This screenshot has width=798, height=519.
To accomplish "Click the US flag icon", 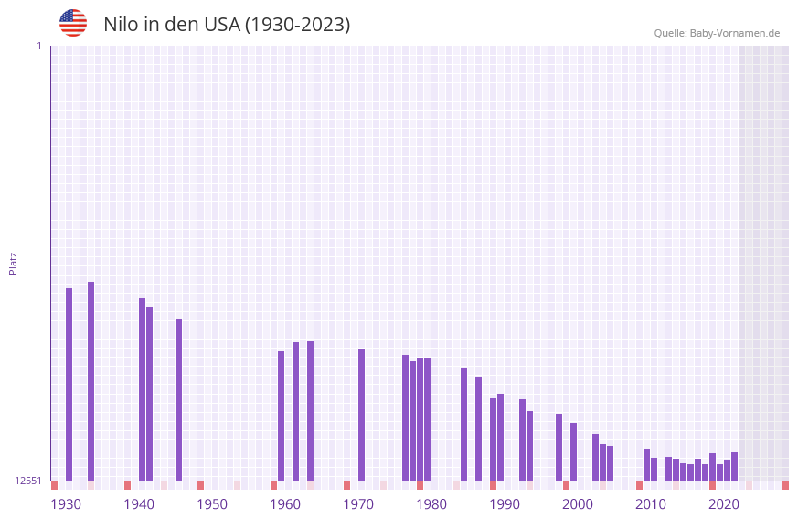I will click(x=73, y=23).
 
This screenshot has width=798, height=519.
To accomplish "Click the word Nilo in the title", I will click(x=120, y=25).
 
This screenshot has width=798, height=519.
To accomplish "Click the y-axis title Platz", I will click(x=13, y=263).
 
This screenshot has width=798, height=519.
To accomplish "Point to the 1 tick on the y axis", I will click(x=38, y=46).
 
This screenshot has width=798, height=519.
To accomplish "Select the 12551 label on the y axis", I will click(x=27, y=481).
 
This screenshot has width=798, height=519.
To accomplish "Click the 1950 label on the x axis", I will click(x=212, y=504).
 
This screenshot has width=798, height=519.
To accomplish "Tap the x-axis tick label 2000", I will click(x=577, y=504).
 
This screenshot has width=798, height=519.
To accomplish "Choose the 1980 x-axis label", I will click(x=431, y=504).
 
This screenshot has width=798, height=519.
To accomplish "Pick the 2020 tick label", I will click(x=723, y=504).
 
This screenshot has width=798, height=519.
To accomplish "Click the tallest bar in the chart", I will click(x=90, y=381).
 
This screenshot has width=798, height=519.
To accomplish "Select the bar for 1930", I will click(x=69, y=384).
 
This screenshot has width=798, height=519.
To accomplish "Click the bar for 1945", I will click(x=178, y=400).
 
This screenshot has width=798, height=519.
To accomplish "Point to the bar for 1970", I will click(x=361, y=415).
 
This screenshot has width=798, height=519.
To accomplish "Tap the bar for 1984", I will click(x=463, y=424).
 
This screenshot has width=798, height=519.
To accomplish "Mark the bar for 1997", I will click(x=559, y=447).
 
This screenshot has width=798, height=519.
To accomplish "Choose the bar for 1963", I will click(x=310, y=410).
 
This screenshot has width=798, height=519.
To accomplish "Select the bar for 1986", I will click(x=478, y=428).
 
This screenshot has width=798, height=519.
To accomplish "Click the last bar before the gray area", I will click(x=734, y=466).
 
